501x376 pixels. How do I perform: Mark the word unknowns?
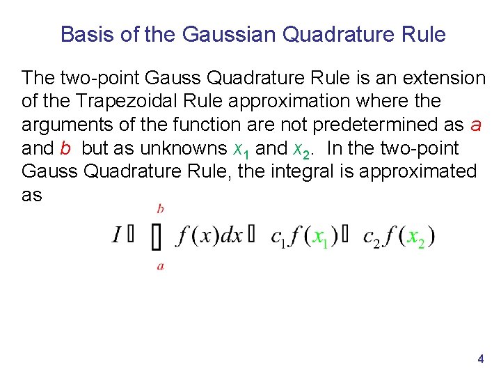click(x=184, y=148)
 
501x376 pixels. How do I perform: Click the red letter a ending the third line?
click(x=476, y=125)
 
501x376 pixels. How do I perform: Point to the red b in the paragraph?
click(x=65, y=148)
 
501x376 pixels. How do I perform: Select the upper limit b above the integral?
click(x=161, y=208)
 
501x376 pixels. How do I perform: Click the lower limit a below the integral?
click(x=161, y=266)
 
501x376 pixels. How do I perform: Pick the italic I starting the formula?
click(x=118, y=235)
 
